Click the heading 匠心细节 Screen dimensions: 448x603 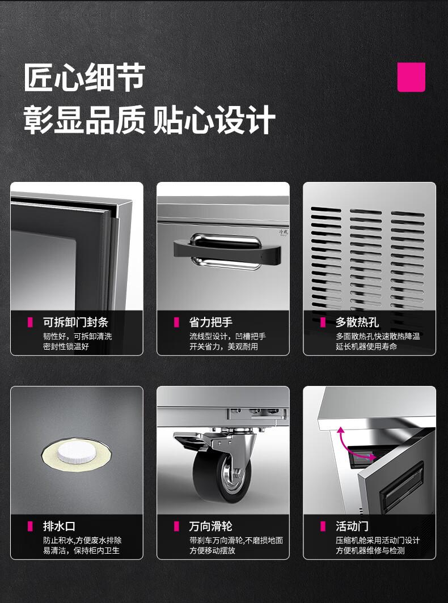(84, 78)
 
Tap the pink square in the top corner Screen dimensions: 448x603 (411, 77)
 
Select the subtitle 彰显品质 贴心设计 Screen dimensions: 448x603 (149, 120)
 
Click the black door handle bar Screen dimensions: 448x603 (227, 252)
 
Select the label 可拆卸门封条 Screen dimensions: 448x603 (75, 322)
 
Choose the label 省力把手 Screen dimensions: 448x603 (210, 322)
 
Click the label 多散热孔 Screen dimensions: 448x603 (357, 322)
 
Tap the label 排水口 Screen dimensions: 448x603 (59, 526)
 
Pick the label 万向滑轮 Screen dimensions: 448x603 (210, 526)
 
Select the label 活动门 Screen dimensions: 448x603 (352, 526)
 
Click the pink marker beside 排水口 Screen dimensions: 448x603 (30, 526)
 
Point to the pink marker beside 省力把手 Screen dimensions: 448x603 (176, 322)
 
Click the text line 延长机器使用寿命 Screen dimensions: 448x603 (366, 346)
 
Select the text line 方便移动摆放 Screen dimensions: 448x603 (212, 550)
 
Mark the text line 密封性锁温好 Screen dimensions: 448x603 (66, 346)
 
